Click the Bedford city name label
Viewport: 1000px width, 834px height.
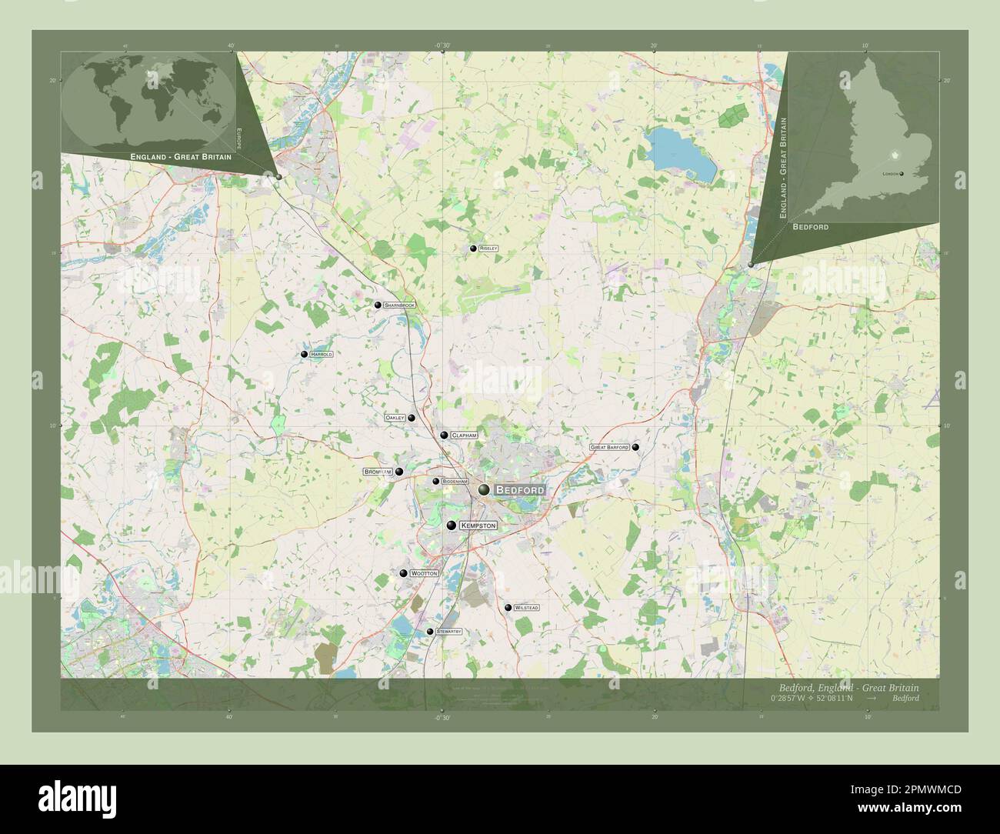520,490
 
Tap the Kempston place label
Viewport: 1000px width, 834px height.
478,525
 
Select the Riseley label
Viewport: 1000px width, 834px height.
489,249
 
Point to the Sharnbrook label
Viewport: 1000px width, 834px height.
400,305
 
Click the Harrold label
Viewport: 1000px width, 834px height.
322,355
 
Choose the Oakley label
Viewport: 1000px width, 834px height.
395,418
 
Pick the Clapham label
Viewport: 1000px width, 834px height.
465,435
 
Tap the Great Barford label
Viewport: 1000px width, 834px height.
609,447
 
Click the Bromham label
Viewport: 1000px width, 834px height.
378,472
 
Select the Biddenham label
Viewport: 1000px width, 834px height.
455,482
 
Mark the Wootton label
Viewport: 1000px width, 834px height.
424,574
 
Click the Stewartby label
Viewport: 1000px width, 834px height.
448,632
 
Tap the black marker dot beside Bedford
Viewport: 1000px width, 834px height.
484,490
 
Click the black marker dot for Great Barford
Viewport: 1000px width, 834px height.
635,447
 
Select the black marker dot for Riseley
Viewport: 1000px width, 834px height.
473,249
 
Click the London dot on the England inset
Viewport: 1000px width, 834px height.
902,174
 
